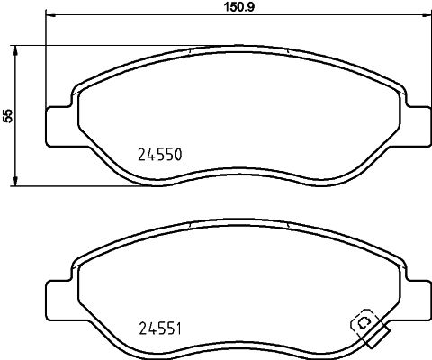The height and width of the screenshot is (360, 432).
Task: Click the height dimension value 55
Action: (8, 115)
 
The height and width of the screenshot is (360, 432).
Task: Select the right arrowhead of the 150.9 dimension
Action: (424, 14)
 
